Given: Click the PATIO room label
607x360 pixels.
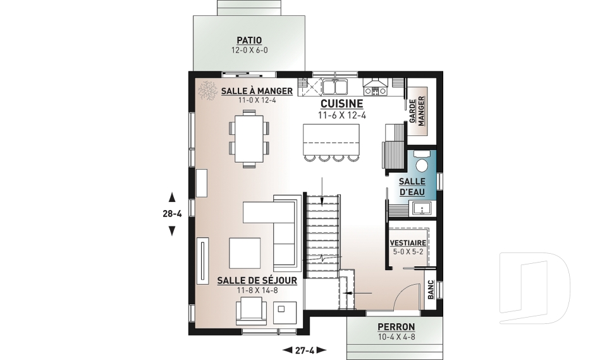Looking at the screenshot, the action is pos(249,40).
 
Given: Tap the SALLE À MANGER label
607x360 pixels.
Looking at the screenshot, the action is pos(257,91).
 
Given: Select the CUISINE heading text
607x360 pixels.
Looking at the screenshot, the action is pos(342,104).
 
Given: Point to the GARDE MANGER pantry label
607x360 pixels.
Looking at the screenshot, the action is pos(417,111).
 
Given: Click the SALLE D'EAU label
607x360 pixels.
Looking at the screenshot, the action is pos(412,187).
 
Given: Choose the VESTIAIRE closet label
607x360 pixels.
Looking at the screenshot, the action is pos(408,243).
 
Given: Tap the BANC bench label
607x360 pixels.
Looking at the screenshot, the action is pos(431,290).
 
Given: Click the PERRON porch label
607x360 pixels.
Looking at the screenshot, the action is pos(396,326).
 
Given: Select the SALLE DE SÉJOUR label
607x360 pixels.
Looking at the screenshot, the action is pos(257,280).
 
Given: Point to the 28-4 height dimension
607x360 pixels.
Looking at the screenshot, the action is pos(172,213).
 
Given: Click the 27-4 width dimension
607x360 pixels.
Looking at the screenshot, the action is pos(305,351).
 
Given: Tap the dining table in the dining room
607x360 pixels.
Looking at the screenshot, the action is pos(248,139).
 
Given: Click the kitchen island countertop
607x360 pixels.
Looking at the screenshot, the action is pos(331,139).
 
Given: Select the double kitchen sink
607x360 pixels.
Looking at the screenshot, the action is pos(336,87).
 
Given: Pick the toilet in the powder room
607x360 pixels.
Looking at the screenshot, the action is pos(421,163).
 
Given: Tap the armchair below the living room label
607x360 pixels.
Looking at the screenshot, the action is pos(251,311).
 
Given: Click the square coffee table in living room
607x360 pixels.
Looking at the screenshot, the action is pos(245,252).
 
